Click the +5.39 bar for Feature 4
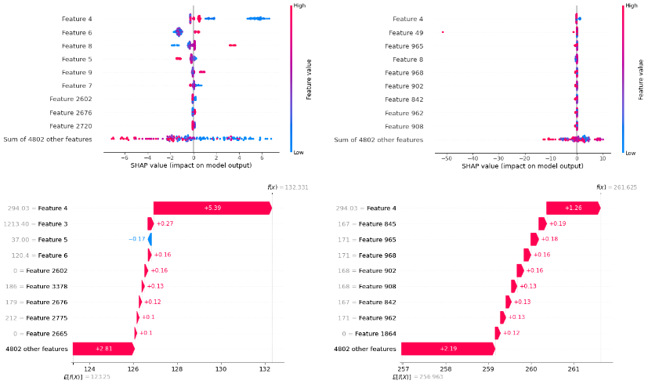click(212, 208)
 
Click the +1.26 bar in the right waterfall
click(573, 208)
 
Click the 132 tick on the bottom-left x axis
click(266, 368)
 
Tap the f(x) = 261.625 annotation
click(616, 187)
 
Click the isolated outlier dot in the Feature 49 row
click(443, 32)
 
